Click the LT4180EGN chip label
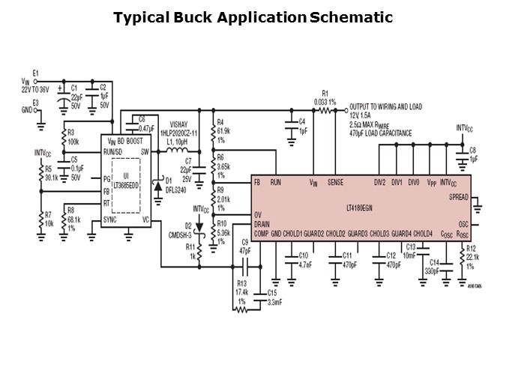pyautogui.click(x=363, y=208)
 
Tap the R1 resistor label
pyautogui.click(x=325, y=92)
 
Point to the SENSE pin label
pyautogui.click(x=335, y=183)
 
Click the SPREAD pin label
pyautogui.click(x=459, y=197)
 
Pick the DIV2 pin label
pyautogui.click(x=380, y=183)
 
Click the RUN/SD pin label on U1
pyautogui.click(x=114, y=152)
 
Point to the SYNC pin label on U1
pyautogui.click(x=110, y=219)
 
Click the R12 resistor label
pyautogui.click(x=471, y=248)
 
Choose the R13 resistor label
pyautogui.click(x=241, y=284)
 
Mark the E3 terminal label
pyautogui.click(x=34, y=102)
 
